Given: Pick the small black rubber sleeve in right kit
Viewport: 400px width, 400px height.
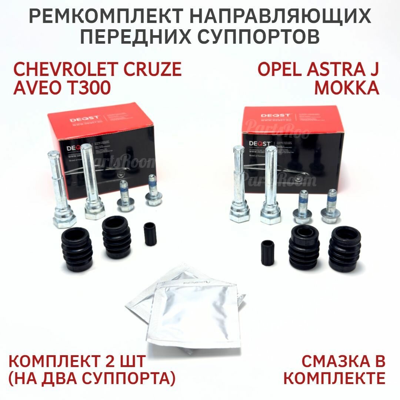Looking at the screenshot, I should click(267, 253).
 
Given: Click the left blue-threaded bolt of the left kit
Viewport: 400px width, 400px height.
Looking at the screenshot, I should click(124, 196).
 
